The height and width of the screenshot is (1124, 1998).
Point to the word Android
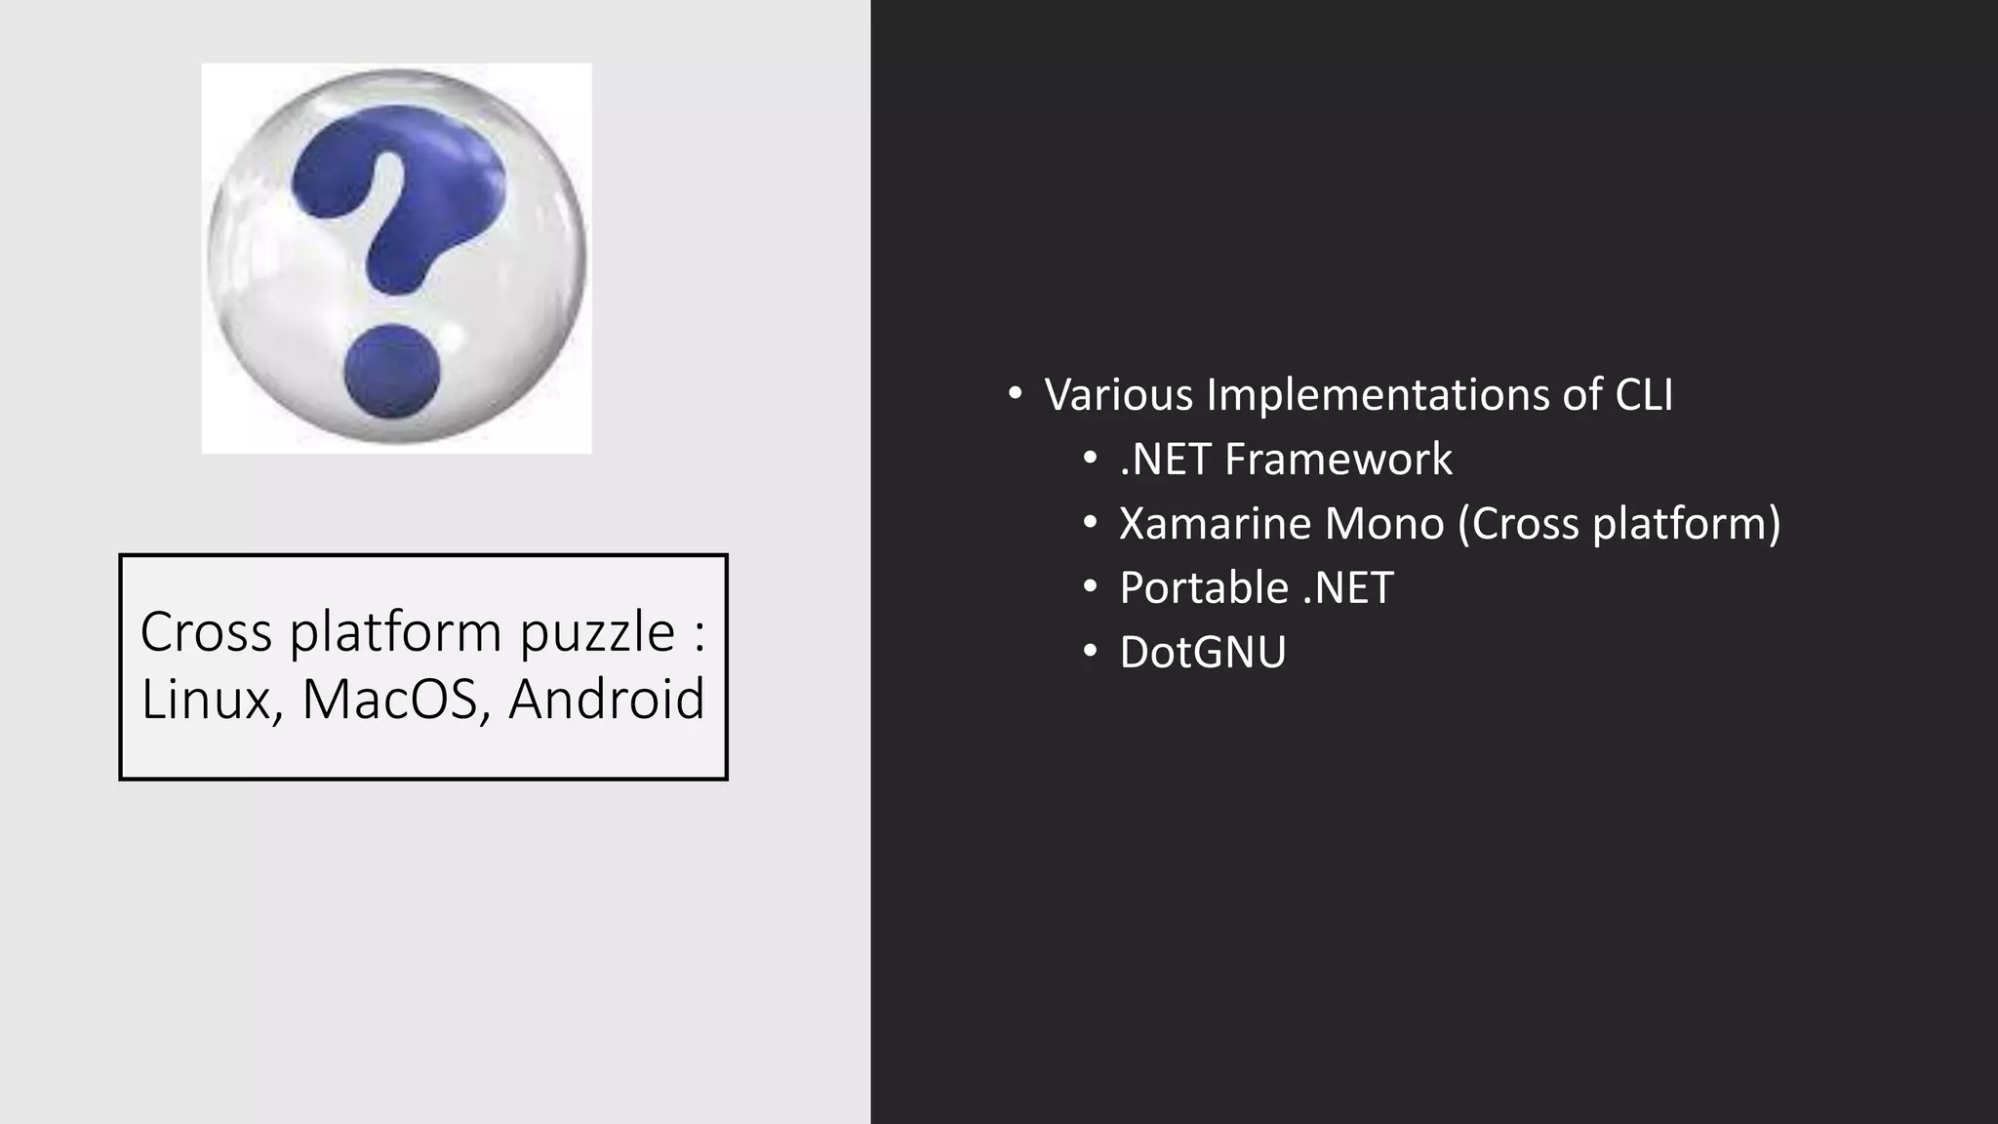[x=606, y=699]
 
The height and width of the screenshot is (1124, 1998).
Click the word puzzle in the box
[x=597, y=633]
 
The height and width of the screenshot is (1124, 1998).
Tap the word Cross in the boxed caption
[x=206, y=631]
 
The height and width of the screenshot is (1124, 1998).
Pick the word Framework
[x=1339, y=459]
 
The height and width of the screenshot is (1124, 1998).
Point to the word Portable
[x=1204, y=587]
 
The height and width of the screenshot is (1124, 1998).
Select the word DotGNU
[x=1203, y=652]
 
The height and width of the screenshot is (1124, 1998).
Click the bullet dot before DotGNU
[x=1090, y=652]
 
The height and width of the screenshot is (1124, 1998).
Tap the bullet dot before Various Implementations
[x=1015, y=394]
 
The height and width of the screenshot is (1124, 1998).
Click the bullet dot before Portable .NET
[x=1090, y=587]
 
